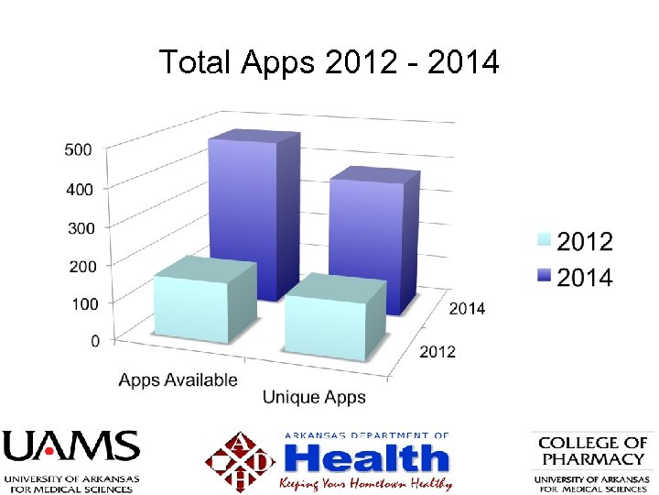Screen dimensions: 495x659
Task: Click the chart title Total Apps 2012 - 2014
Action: [329, 62]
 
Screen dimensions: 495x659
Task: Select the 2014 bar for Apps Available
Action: [242, 215]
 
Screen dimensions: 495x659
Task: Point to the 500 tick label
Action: [79, 149]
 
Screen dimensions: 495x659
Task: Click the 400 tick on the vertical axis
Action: [79, 189]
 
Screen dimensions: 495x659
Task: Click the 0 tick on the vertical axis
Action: [95, 341]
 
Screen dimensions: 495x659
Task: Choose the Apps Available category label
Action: [178, 379]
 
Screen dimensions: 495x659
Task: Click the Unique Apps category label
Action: [314, 398]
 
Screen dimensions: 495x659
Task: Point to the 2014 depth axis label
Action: [467, 308]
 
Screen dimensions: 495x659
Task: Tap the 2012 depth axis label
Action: [438, 352]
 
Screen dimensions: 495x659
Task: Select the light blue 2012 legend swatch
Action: [543, 241]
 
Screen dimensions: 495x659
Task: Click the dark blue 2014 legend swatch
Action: [543, 277]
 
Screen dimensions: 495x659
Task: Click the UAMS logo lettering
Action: [70, 448]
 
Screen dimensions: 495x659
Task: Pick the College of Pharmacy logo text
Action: [593, 451]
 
